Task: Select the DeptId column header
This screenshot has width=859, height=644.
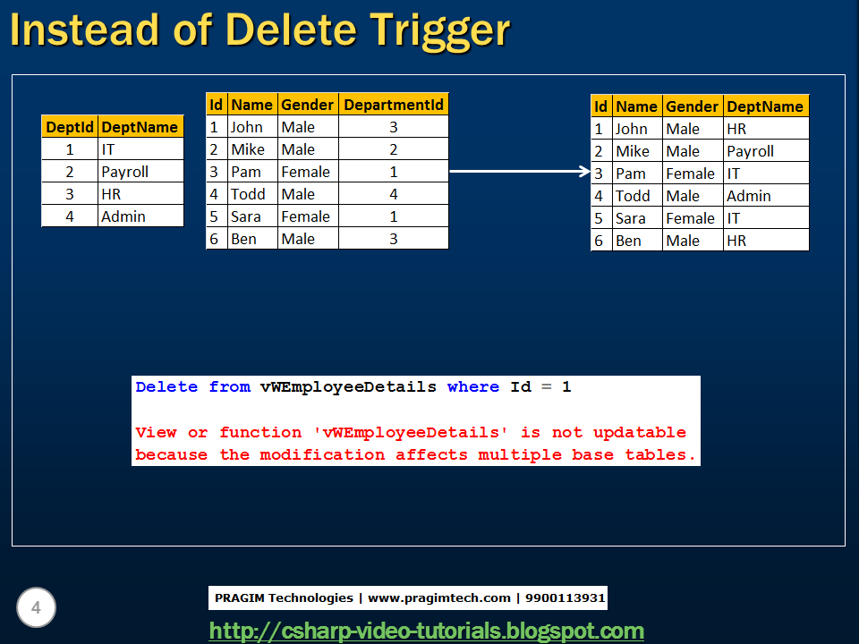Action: click(70, 127)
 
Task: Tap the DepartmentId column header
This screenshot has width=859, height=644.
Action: click(394, 105)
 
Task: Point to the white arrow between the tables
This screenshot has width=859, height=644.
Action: click(519, 171)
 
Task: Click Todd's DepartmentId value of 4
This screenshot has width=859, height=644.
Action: click(393, 194)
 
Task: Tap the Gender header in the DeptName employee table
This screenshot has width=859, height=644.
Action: click(692, 106)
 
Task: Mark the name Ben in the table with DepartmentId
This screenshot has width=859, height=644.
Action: click(243, 239)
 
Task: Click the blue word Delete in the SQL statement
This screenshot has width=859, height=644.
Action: click(166, 387)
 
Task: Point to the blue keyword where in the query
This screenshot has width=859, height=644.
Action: click(473, 387)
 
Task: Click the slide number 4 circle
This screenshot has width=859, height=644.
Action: click(36, 609)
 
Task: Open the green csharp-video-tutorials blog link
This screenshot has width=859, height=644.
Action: click(426, 631)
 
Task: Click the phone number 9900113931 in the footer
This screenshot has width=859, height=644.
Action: click(566, 597)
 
